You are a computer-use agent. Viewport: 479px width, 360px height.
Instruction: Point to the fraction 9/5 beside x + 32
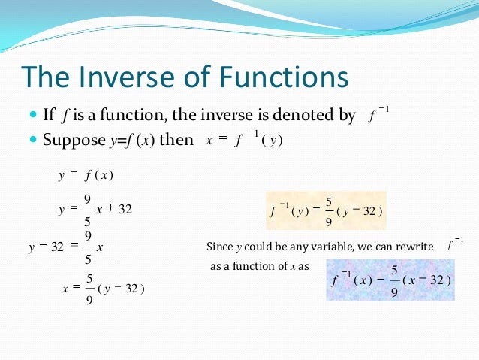point(88,210)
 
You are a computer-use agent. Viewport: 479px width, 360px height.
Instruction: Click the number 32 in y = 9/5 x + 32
point(125,210)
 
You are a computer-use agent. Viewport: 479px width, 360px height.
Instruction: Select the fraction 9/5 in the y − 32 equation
point(88,247)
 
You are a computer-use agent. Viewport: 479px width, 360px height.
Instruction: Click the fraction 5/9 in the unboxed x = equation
point(89,289)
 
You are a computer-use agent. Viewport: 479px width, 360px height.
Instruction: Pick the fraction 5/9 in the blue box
point(394,280)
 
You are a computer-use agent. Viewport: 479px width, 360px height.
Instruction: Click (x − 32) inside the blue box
point(427,280)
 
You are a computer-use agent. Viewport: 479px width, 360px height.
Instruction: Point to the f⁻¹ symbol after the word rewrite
point(454,244)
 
